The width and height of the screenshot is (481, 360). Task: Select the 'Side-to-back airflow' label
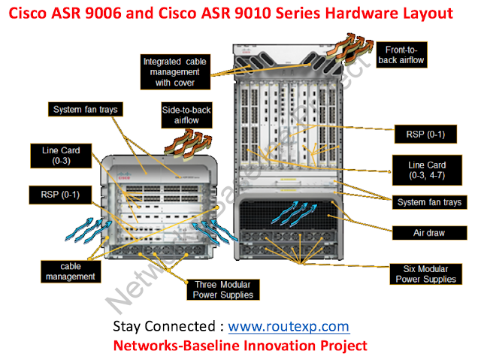(186, 116)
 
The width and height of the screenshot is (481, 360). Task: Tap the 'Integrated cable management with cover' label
(175, 71)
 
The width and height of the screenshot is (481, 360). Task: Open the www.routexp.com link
(289, 326)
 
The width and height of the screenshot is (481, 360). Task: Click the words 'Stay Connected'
(163, 326)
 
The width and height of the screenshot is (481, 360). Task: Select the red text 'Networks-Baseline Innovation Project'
(240, 345)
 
